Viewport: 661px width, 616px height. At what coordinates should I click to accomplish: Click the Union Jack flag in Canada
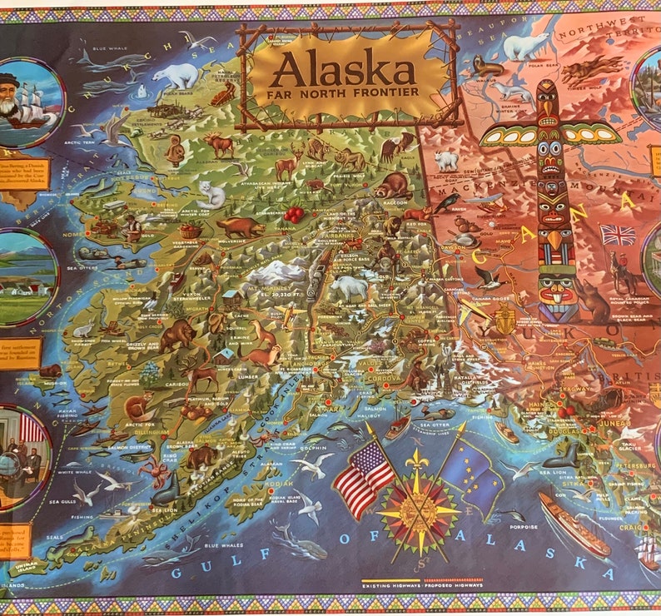(618, 235)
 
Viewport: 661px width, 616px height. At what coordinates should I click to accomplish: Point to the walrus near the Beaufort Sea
(488, 66)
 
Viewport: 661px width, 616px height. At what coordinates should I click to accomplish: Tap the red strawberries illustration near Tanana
(293, 214)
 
